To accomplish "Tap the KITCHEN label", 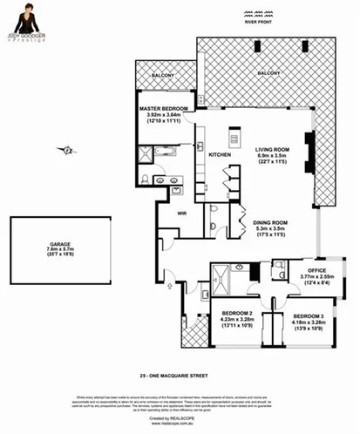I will pos(219,154).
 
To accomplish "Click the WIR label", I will pos(183,212).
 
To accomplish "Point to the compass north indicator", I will pos(65,151).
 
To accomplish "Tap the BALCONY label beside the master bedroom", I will pos(163,76).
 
